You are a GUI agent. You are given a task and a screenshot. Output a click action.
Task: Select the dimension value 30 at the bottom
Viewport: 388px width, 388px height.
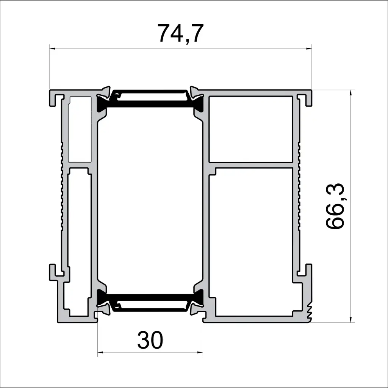150,340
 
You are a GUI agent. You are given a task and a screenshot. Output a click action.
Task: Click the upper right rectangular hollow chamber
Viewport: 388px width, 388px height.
251,129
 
